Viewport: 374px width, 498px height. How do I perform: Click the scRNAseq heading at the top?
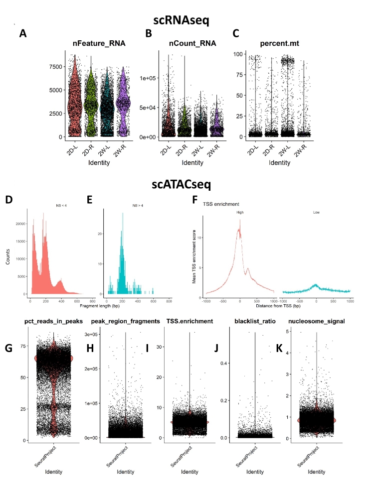187,20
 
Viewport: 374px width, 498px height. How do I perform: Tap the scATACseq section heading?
187,184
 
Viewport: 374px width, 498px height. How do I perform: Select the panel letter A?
22,34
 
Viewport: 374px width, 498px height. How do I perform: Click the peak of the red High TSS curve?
240,229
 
